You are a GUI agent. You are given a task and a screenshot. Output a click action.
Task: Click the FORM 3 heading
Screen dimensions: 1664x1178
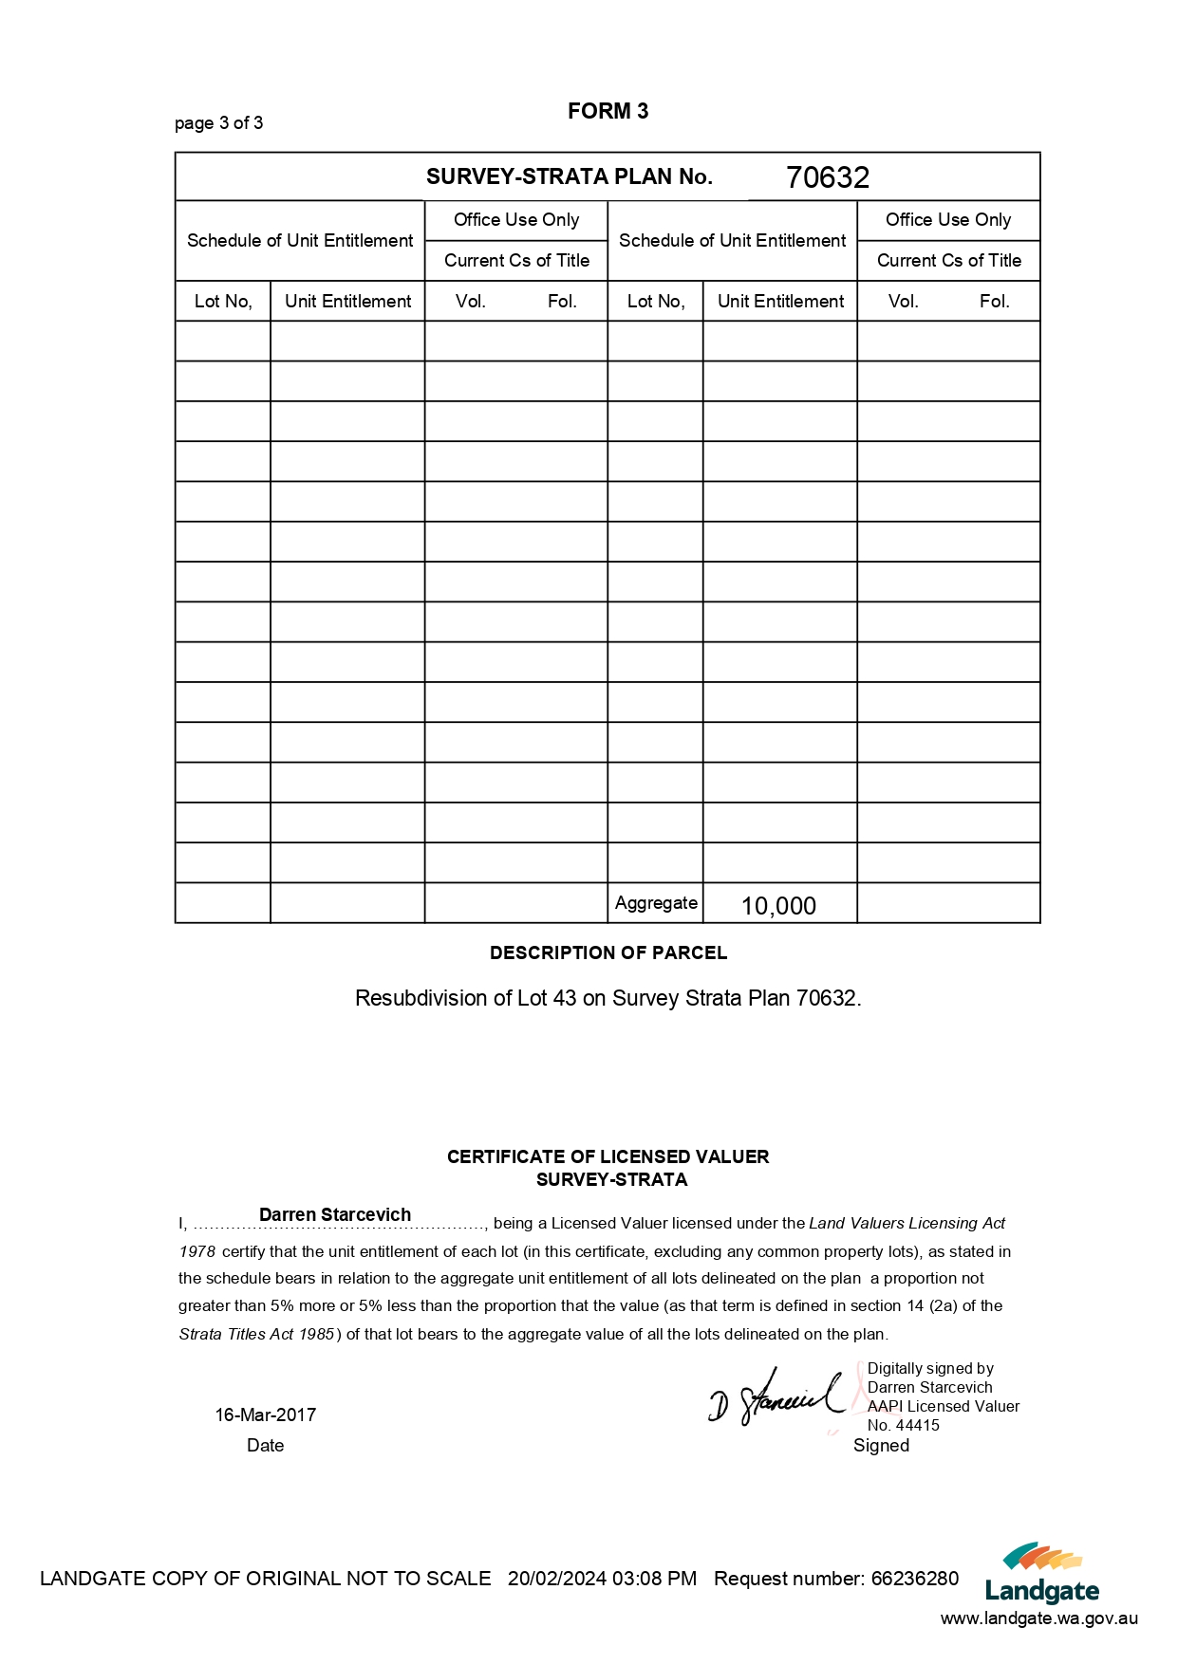point(608,112)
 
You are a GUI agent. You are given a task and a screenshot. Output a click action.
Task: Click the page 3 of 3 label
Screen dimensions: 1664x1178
point(218,123)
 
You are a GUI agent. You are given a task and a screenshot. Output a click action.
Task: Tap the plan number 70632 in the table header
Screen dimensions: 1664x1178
point(827,177)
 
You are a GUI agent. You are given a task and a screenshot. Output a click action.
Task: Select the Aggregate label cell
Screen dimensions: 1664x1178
point(655,903)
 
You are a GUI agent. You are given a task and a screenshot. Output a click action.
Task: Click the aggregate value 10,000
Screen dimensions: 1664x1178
point(778,906)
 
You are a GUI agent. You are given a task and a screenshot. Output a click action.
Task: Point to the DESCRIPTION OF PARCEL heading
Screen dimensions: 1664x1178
point(608,952)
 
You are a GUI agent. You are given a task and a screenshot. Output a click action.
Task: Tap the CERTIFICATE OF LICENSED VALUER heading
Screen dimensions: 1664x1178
point(608,1156)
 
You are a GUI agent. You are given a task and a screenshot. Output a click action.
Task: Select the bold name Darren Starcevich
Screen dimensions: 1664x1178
point(334,1214)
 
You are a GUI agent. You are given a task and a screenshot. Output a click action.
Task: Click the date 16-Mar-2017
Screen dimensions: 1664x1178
point(265,1414)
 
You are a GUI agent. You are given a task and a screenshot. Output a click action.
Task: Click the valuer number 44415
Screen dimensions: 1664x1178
point(917,1425)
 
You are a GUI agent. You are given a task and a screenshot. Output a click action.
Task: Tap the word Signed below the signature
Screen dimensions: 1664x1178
point(881,1446)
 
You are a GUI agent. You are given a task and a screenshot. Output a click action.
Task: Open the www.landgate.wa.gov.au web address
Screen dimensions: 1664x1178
point(1038,1619)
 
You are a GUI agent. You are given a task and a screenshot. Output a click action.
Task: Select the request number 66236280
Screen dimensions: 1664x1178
point(915,1579)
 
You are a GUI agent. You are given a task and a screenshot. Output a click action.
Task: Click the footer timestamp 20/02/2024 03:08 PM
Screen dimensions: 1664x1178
point(602,1579)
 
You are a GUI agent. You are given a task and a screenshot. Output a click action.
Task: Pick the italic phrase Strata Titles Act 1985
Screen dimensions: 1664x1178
point(256,1334)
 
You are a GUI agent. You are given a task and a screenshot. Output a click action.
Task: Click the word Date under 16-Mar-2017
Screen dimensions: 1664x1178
point(265,1446)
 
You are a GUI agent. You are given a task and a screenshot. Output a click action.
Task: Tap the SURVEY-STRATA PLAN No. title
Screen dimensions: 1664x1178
point(569,177)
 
